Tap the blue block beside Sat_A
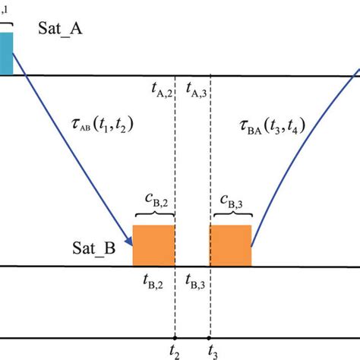point(6,53)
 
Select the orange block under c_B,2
point(153,245)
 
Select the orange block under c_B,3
point(230,245)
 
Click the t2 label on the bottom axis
point(176,351)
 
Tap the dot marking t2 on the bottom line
point(175,337)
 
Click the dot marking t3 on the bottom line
point(210,337)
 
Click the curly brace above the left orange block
point(153,216)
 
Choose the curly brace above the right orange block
point(230,216)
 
